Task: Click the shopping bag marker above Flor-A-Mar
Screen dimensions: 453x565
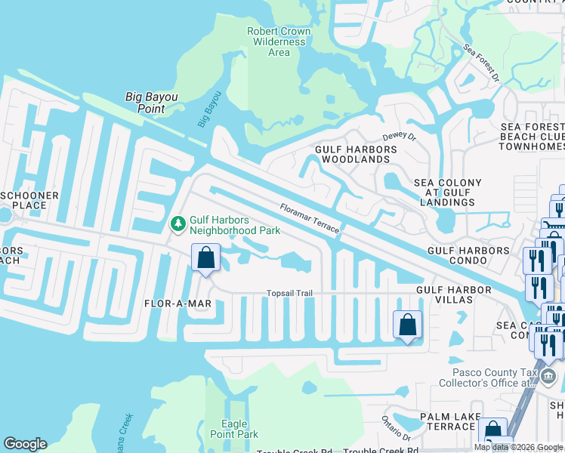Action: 205,258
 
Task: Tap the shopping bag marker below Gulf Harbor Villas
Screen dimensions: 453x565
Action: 407,325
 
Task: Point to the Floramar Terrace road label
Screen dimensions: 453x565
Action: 309,218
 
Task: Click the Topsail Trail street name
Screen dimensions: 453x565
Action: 289,293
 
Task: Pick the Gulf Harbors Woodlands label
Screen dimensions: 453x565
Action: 355,154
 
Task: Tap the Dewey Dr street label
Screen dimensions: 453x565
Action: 399,137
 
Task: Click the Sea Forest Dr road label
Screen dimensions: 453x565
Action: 482,66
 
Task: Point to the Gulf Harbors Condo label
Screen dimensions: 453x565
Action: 468,250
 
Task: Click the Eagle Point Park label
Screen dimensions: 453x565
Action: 239,429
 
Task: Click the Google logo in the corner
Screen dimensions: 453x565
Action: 25,443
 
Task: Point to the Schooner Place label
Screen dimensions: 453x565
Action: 29,200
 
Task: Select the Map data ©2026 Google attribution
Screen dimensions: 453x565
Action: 517,447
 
